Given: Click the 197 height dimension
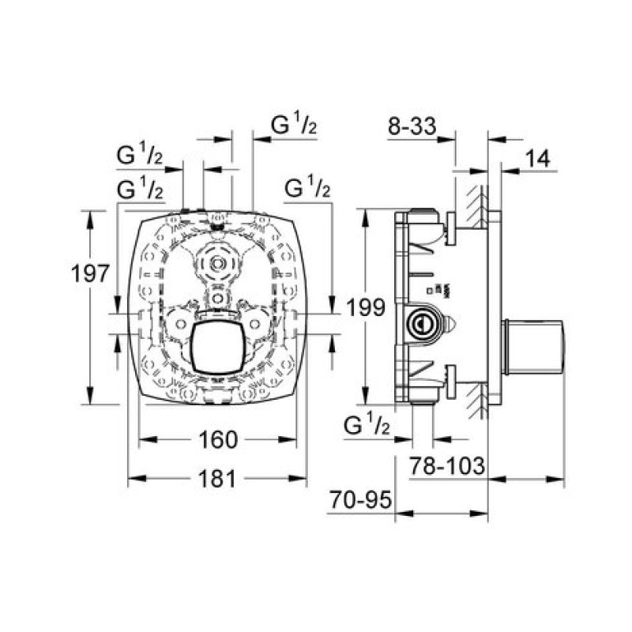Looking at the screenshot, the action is pos(90,273).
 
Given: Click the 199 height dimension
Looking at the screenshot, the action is pos(366,308).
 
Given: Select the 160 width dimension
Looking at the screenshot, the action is pos(218,440).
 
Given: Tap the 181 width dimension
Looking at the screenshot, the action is pos(216,480).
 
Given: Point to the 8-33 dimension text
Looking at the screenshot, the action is pos(412,126).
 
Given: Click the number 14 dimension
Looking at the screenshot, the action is pos(538,159).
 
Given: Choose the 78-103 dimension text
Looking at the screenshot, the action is pos(447,466).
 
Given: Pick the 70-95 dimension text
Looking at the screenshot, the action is pos(361,500).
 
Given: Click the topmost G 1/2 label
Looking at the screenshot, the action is pos(294,125).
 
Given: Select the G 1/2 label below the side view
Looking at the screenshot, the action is pos(367,425).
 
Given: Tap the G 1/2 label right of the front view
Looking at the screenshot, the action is pos(307,187).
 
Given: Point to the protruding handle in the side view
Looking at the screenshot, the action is pos(533,347).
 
